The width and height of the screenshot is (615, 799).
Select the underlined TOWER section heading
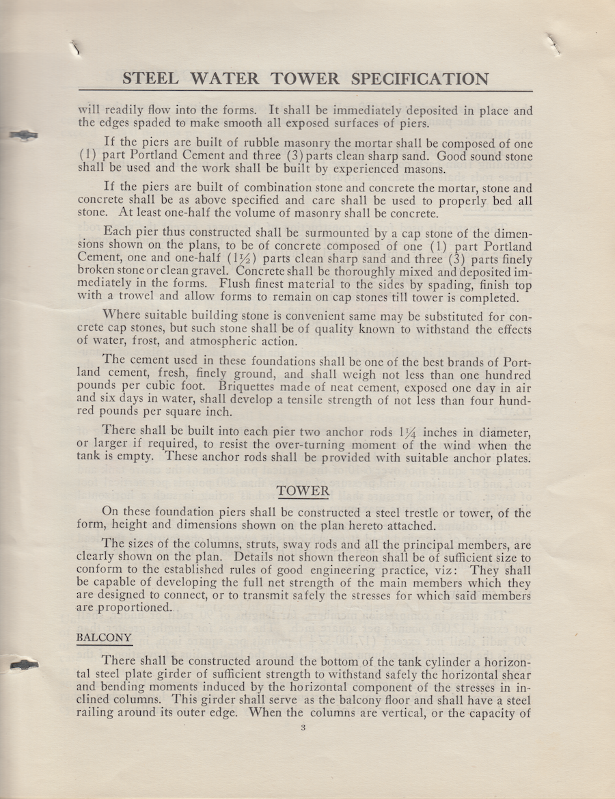(303, 491)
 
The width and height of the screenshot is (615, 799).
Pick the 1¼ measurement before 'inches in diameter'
(410, 433)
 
